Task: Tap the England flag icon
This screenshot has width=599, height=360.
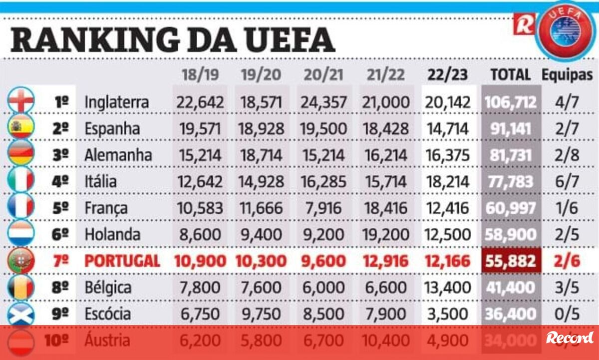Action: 21,102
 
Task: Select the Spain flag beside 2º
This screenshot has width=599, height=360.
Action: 21,128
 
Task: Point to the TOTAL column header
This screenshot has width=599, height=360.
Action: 510,75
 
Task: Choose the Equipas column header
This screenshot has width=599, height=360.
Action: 568,75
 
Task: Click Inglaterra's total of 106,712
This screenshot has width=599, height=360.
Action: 510,102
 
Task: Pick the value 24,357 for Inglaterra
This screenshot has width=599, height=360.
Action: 323,102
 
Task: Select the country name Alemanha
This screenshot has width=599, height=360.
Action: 118,155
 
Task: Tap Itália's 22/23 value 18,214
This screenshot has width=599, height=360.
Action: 447,181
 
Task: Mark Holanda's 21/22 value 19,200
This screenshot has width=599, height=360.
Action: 385,234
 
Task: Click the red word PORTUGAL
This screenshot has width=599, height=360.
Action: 122,261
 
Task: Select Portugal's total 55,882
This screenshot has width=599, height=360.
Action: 510,261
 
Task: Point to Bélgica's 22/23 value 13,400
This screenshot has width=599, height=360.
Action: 447,287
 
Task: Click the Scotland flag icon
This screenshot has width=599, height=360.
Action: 21,314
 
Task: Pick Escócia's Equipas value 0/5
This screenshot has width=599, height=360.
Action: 567,314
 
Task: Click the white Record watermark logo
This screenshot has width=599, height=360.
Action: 570,338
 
